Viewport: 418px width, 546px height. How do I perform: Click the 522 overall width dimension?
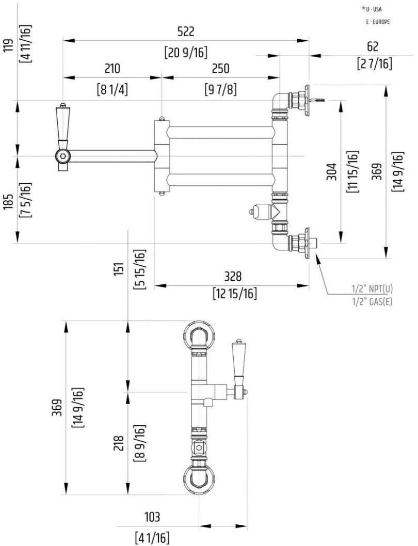pos(186,31)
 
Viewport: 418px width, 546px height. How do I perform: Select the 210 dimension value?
pos(112,69)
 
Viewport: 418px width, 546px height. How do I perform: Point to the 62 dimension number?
pos(373,46)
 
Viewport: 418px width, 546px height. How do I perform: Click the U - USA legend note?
pos(375,9)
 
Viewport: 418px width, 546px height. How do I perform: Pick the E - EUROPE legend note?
pos(377,22)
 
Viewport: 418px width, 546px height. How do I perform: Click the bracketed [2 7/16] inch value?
pos(373,63)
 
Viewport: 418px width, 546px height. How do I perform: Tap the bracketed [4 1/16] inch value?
pos(151,537)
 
